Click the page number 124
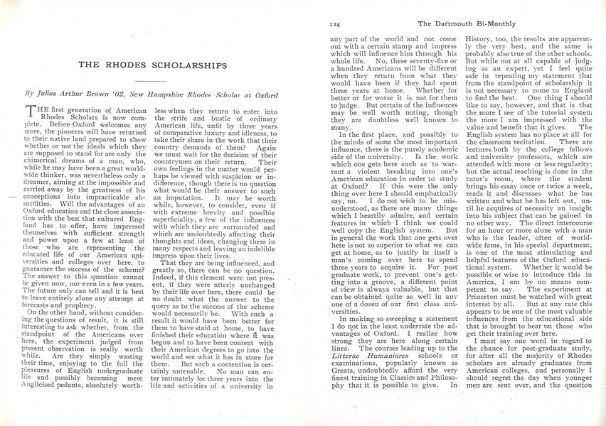click(336, 23)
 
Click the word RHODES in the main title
click(135, 64)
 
